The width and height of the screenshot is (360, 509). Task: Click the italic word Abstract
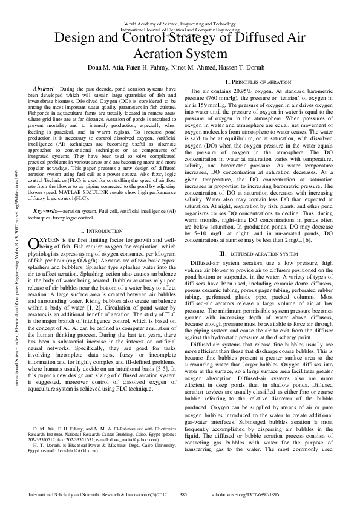point(47,89)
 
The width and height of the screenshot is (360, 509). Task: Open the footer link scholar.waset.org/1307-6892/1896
point(296,495)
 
